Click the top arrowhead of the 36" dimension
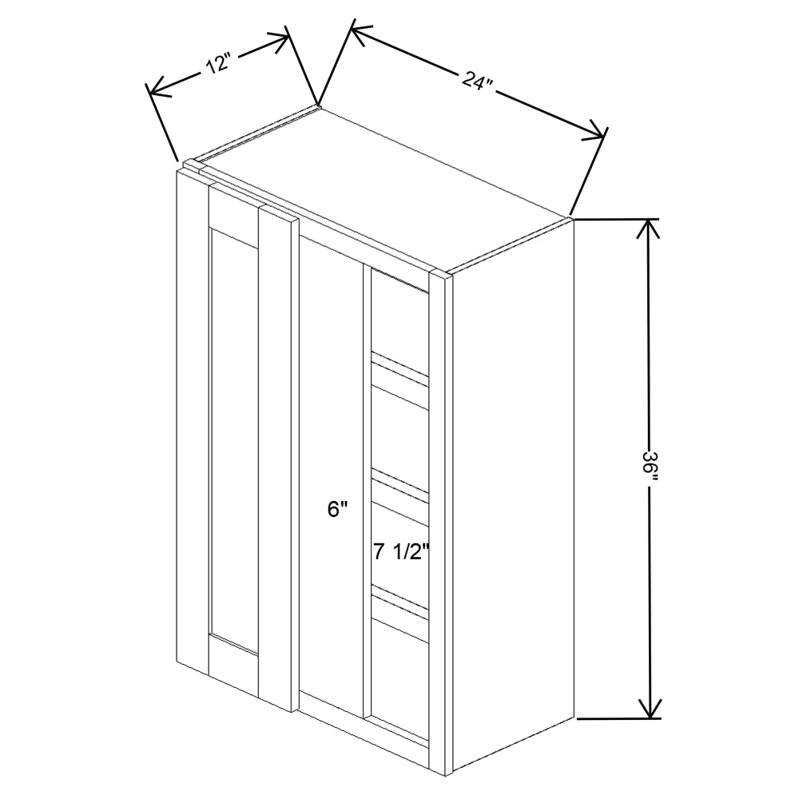(648, 228)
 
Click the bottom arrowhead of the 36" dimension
(650, 709)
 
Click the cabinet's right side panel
(511, 495)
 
